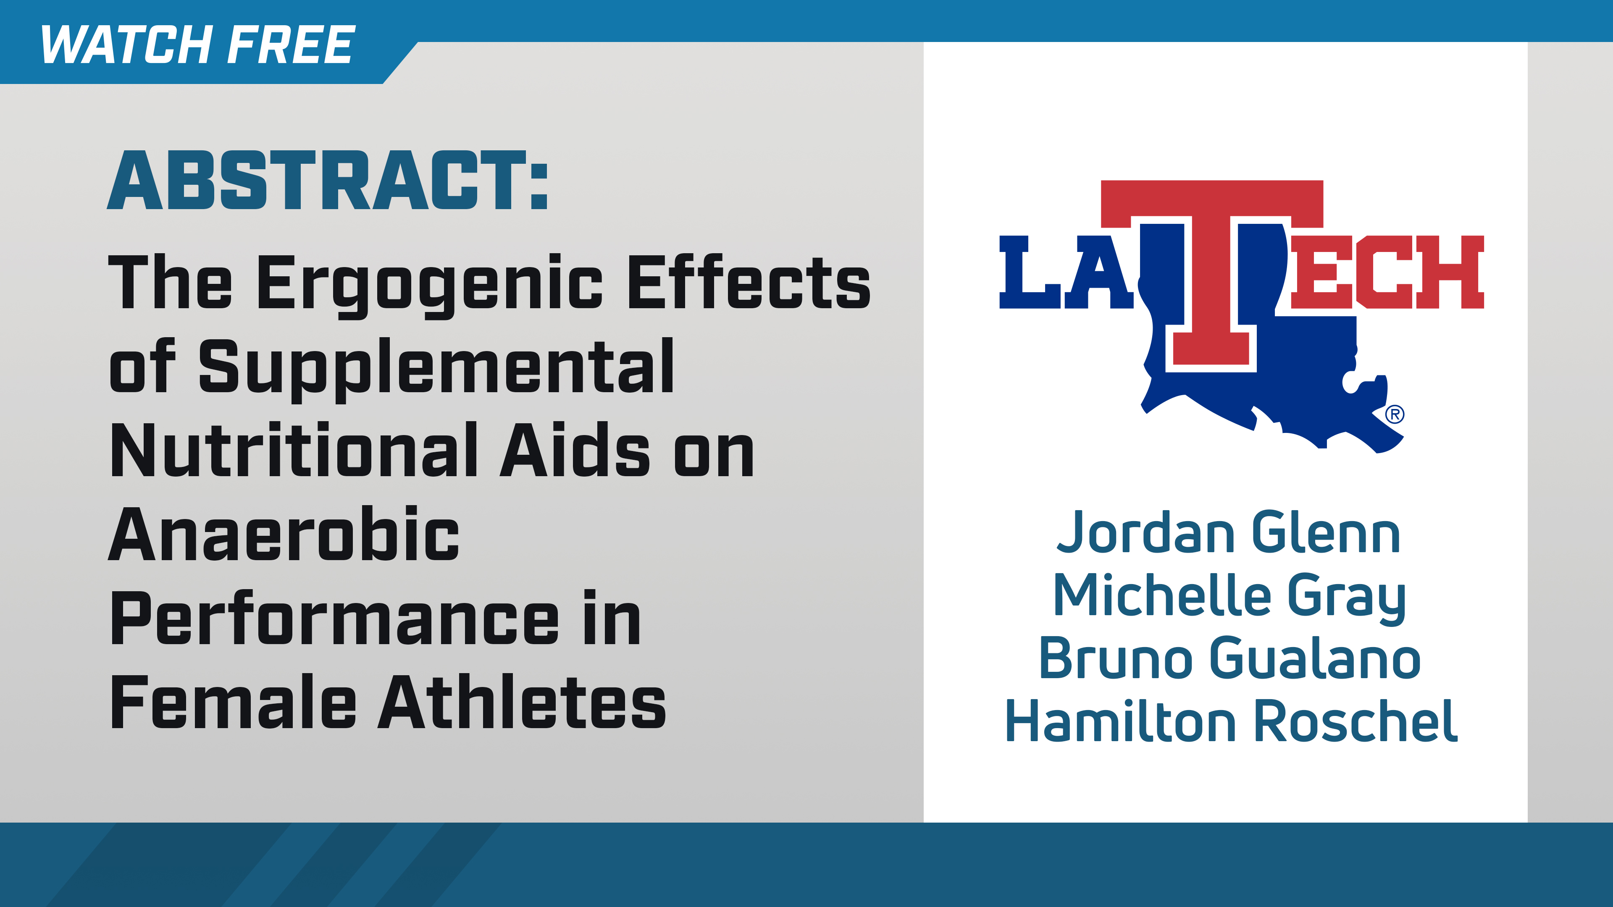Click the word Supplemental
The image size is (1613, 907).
point(436,368)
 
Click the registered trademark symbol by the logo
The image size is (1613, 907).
point(1395,414)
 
